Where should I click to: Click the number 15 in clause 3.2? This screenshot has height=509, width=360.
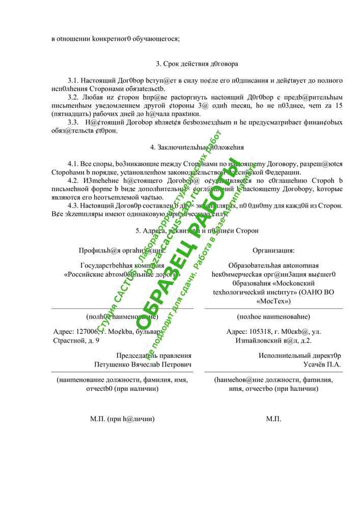pos(338,105)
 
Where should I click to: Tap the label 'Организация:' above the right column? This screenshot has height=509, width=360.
pos(273,250)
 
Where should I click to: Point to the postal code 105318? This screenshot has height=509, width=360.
pos(257,332)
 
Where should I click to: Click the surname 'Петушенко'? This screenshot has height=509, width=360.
pos(112,364)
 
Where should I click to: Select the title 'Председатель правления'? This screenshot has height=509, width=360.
pos(154,356)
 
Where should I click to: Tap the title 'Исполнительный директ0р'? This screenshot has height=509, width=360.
pos(300,356)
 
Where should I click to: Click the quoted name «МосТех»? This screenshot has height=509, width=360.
pos(273,300)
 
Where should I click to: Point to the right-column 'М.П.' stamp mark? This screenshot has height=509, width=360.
pos(273,419)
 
